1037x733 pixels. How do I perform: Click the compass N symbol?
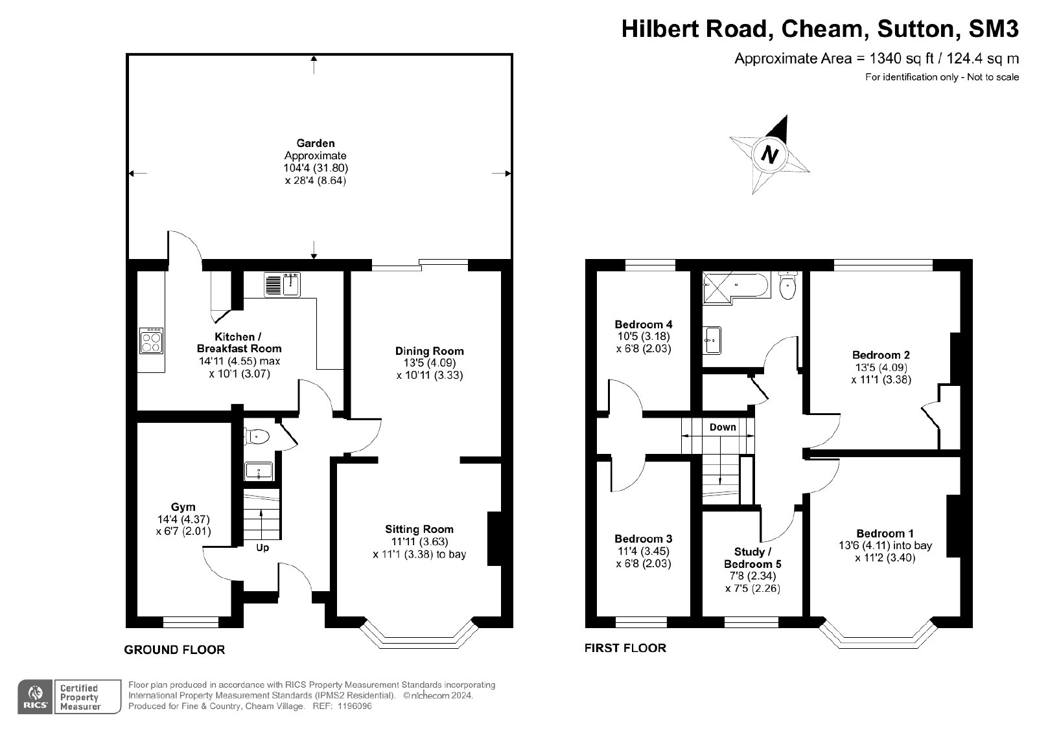click(769, 155)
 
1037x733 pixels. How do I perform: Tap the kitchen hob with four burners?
click(152, 341)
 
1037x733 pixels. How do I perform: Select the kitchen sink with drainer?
click(282, 284)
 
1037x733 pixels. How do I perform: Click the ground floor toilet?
click(257, 436)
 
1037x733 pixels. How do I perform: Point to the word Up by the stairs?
click(262, 548)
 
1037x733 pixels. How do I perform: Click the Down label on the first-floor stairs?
click(723, 427)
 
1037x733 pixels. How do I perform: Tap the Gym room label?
click(183, 507)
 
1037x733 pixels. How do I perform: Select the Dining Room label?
click(429, 351)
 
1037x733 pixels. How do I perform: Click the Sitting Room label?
click(419, 529)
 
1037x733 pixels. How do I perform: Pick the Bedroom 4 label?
click(644, 324)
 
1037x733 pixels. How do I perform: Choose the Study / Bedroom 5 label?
click(752, 558)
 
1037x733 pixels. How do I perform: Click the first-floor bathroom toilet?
click(787, 286)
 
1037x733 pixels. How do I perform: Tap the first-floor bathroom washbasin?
click(712, 341)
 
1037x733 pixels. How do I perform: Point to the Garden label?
click(316, 143)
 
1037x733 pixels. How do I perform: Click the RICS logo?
click(35, 697)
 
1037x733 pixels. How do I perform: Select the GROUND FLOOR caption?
click(174, 649)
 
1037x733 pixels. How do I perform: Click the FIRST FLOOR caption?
click(625, 648)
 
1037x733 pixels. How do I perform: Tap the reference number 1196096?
click(355, 706)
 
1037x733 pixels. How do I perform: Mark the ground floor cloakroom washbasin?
click(259, 471)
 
